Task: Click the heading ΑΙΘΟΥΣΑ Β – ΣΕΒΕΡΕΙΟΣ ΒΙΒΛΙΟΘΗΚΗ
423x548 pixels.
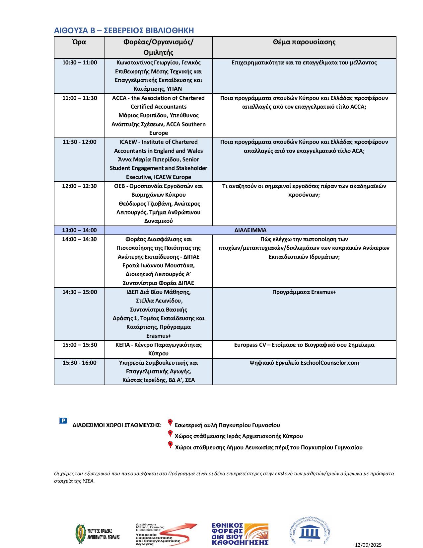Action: pos(124,31)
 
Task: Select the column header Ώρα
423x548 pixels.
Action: pos(79,42)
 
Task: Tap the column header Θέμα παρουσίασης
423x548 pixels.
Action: pos(304,42)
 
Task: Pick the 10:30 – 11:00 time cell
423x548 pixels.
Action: pos(80,62)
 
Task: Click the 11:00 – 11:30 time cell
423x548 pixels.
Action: pos(80,98)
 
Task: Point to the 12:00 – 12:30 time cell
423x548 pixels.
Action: pos(80,186)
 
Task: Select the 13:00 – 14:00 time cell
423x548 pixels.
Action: pos(80,230)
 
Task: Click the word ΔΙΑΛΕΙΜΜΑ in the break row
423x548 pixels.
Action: pos(250,230)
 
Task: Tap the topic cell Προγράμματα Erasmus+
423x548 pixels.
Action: pos(304,292)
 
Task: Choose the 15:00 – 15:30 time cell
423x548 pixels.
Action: pos(80,345)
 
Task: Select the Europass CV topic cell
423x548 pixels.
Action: pos(304,345)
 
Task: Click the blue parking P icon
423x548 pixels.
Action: pos(63,421)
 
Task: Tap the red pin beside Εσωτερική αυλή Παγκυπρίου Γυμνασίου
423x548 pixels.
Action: pos(170,422)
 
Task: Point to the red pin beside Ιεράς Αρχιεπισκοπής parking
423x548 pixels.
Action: pos(170,433)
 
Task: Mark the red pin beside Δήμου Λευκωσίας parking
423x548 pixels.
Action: pos(170,444)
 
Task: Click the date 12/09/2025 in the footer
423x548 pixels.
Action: pos(368,545)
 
